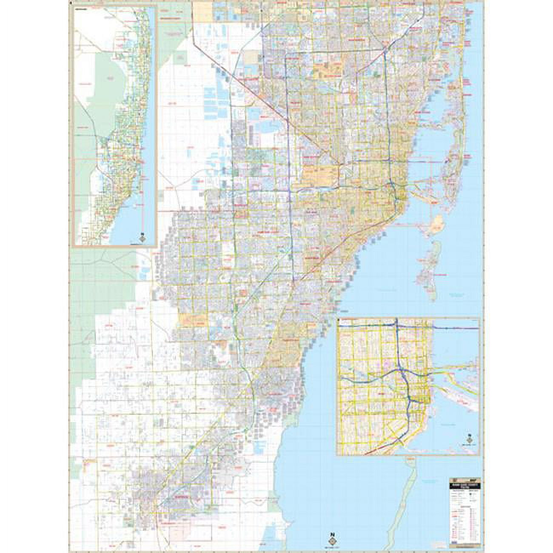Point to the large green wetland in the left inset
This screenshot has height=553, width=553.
(98, 85)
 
